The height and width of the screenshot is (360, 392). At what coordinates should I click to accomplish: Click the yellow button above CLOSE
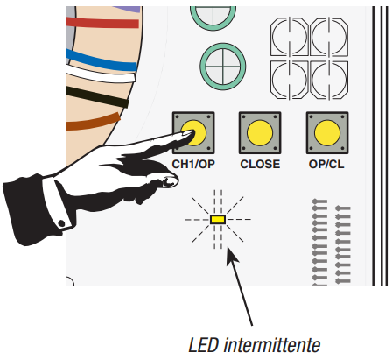coord(260,132)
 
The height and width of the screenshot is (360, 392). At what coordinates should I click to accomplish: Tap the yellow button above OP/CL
coord(327,132)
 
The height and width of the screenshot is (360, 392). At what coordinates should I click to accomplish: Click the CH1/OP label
coord(193,165)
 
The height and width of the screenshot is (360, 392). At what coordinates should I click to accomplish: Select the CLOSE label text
coord(260,165)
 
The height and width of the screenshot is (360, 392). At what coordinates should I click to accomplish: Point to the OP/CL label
coord(326,165)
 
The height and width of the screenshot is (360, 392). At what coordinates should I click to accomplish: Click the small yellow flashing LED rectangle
coord(218,220)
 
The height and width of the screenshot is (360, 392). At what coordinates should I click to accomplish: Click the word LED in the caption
coord(204,345)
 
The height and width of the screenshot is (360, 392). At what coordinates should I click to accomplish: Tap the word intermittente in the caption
coord(272,345)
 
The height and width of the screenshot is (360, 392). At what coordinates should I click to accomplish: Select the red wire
coord(102,23)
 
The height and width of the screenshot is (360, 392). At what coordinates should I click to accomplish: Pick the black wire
coord(97,96)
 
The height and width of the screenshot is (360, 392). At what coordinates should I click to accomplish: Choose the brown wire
coord(94,122)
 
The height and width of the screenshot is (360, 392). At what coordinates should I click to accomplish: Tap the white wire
coord(101,74)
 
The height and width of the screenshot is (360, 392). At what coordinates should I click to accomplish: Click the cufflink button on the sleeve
coord(61,224)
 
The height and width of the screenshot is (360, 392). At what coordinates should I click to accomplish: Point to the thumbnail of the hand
coord(170,181)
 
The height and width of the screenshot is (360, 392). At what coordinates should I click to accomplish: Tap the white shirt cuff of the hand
coord(56,203)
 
